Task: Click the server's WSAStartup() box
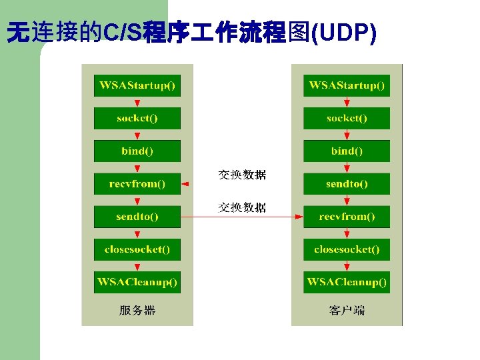click(137, 85)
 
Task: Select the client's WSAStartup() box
click(347, 85)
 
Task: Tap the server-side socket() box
click(137, 118)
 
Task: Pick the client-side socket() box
click(347, 118)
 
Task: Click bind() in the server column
click(137, 151)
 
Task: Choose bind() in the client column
click(347, 151)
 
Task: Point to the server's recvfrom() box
click(137, 183)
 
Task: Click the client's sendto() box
click(347, 183)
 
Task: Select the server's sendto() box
click(137, 217)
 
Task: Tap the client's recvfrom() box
click(347, 217)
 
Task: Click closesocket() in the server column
click(137, 249)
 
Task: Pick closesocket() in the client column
click(347, 249)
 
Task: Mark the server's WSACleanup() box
click(137, 282)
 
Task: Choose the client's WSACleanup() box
click(347, 282)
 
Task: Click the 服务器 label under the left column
click(137, 310)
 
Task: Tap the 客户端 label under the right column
click(347, 310)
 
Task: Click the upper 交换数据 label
click(243, 175)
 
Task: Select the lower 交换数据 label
click(243, 207)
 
